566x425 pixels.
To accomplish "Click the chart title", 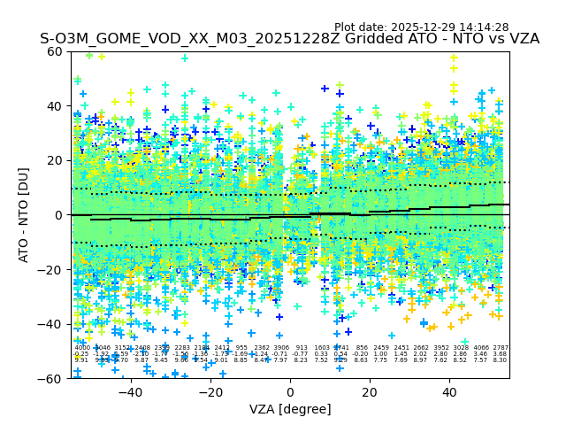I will (289, 40).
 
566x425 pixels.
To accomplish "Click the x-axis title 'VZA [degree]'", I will (290, 410).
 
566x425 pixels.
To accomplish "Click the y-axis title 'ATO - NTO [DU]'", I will (24, 215).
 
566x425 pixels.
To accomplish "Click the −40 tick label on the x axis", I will (130, 391).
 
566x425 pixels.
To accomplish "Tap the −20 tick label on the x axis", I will (210, 391).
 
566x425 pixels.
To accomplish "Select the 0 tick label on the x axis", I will (290, 391).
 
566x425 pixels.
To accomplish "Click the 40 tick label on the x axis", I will (449, 391).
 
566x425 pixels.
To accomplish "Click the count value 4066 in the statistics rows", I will (480, 348).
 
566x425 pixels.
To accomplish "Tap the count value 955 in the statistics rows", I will (241, 348).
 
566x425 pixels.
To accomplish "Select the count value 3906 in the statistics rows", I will (282, 348).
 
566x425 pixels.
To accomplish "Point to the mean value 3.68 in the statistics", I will (501, 354).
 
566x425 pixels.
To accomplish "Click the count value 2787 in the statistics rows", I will (501, 348).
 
